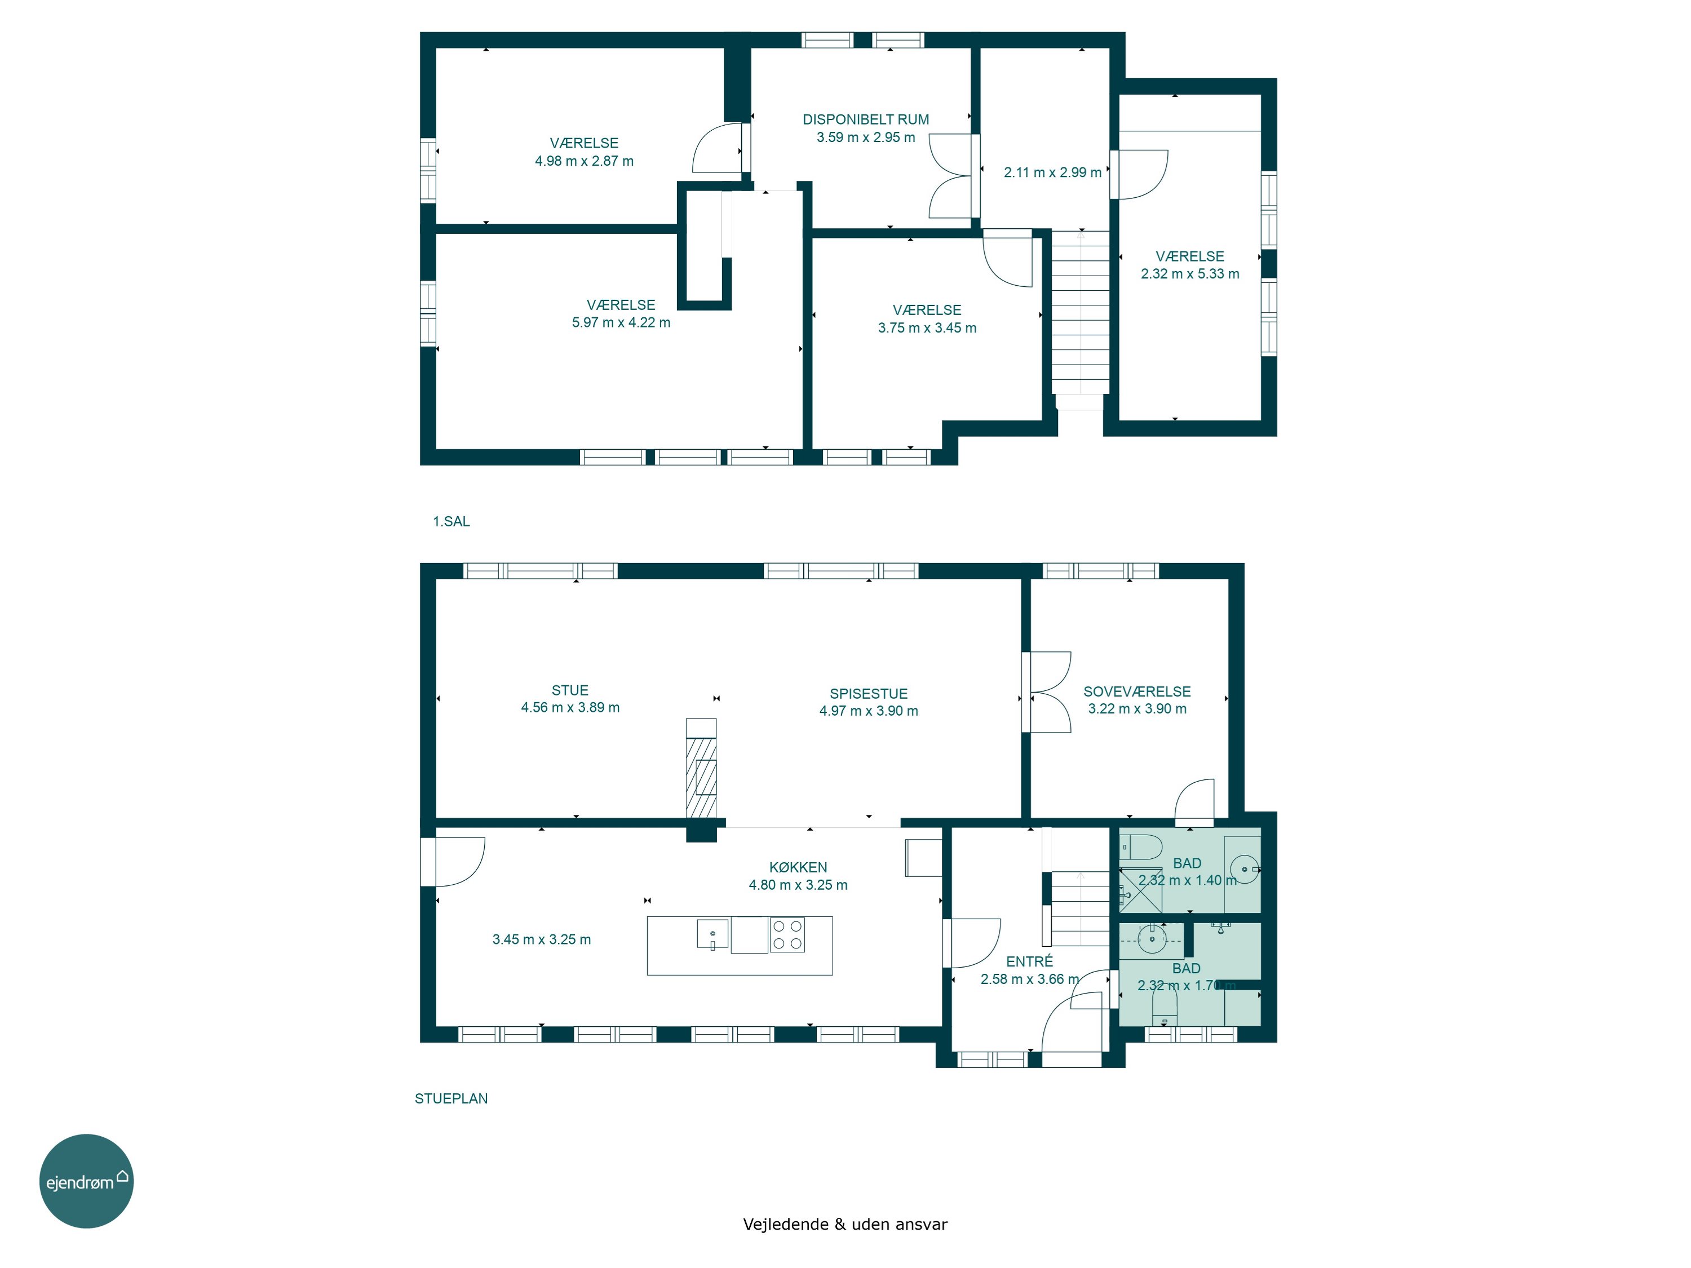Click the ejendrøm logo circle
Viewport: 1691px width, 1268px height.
86,1181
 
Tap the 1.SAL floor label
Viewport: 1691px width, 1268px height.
451,521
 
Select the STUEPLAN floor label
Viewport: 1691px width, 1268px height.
451,1098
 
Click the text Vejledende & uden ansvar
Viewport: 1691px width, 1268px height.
845,1223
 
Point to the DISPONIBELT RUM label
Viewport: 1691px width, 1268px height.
865,119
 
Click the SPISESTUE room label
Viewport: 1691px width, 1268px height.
869,693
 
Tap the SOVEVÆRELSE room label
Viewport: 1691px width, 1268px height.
1137,691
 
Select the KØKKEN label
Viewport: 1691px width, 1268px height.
798,867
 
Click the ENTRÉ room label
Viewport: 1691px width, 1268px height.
1029,961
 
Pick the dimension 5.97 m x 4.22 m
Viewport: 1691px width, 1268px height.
621,322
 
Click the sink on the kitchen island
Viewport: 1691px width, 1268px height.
712,934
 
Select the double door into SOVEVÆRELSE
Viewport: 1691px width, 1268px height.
1047,691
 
